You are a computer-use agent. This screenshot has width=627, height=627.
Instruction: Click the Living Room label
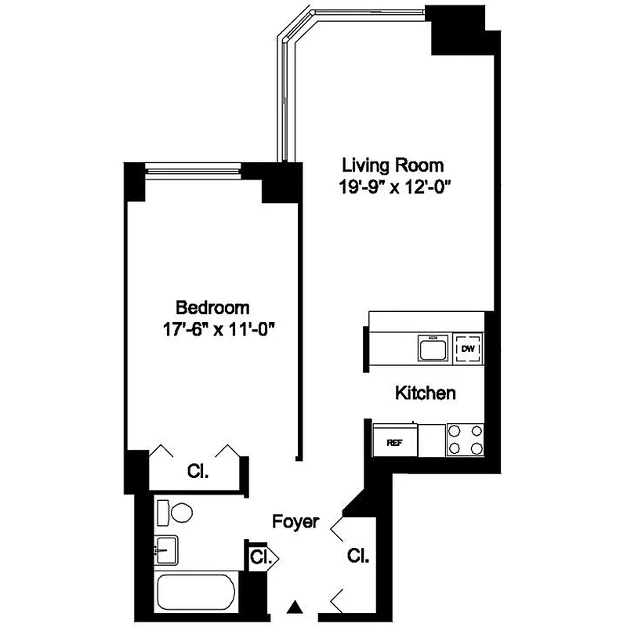coord(393,166)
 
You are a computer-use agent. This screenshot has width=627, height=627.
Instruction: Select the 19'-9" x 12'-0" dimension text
coord(393,187)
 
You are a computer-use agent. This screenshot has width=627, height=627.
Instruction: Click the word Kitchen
coord(425,393)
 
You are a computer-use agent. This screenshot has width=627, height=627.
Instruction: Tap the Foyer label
coord(295,522)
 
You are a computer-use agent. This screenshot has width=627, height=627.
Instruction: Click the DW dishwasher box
coord(468,348)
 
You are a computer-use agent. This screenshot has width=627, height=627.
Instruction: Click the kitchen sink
coord(433,347)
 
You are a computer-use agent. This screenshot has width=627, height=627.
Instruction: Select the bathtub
coord(196,593)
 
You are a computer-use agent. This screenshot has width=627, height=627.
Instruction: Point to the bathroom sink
coord(165,551)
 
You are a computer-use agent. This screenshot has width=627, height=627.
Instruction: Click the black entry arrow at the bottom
coord(295,606)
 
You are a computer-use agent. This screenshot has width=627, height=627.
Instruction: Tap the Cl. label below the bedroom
coord(197,471)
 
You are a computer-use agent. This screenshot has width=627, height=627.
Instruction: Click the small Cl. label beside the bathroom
coord(260,558)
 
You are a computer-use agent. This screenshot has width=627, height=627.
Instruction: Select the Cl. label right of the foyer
coord(358,556)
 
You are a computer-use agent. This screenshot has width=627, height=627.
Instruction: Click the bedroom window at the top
coord(193,166)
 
